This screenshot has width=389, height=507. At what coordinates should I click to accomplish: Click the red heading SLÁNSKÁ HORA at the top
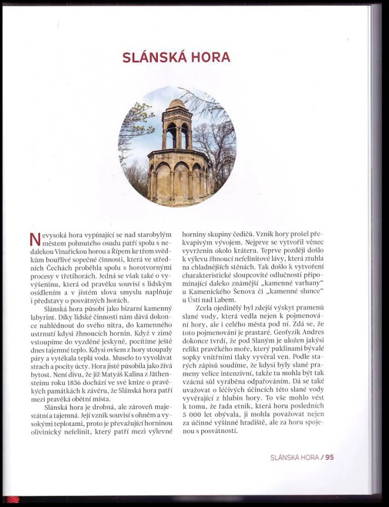coord(176,58)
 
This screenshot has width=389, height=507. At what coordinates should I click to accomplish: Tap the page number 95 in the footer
coord(329,457)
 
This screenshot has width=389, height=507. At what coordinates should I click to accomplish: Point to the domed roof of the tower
coord(176,106)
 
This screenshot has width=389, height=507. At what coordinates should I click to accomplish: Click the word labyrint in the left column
coord(43,319)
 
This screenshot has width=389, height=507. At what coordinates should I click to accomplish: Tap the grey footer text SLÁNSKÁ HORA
coord(294,457)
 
